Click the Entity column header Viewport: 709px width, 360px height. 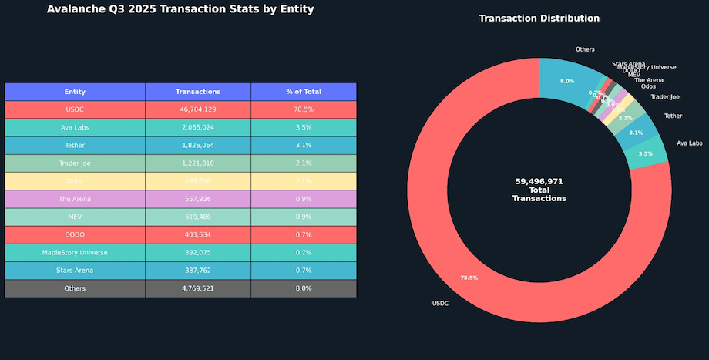point(75,92)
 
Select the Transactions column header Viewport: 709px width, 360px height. point(198,92)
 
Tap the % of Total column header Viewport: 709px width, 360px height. point(304,92)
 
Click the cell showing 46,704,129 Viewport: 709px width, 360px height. point(198,109)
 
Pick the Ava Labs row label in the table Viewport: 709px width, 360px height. point(75,127)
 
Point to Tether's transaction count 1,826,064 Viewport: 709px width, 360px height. point(198,146)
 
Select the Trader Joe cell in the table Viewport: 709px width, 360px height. point(75,163)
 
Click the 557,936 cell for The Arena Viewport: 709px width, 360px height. point(198,199)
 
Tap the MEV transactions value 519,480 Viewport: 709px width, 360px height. point(198,217)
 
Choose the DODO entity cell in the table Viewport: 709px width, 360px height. point(75,234)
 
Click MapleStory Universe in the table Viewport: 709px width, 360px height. point(75,252)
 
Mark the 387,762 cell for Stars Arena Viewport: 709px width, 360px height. point(198,271)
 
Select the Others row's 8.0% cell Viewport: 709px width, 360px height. point(304,288)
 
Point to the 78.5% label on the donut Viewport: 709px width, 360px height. point(469,278)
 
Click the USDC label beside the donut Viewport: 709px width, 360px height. point(440,304)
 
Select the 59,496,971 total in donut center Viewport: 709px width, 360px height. point(539,181)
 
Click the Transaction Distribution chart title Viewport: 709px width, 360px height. point(539,18)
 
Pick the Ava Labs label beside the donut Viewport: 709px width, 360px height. point(689,143)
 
